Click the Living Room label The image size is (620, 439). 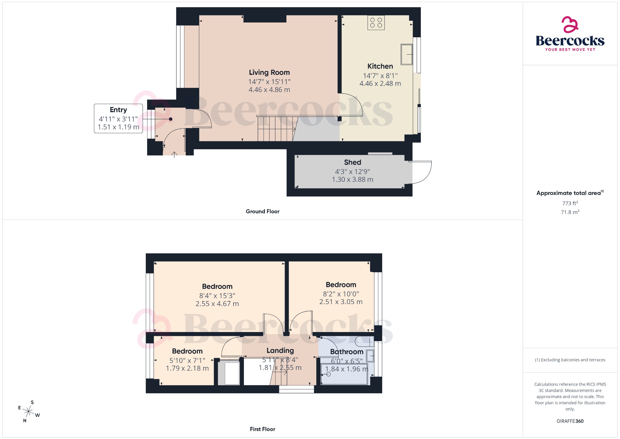(x=269, y=72)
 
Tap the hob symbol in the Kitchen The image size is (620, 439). (x=376, y=23)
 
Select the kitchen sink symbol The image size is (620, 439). (x=407, y=54)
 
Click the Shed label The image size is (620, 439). (x=352, y=162)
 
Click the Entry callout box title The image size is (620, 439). (x=118, y=110)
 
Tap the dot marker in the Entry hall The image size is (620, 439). (x=171, y=119)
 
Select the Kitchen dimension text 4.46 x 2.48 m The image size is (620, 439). (x=380, y=84)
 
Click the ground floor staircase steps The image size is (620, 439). (x=275, y=129)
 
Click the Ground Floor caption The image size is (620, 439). (x=262, y=211)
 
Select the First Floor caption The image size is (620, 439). (x=262, y=429)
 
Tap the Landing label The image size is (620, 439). (x=280, y=350)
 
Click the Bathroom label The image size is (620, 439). (x=347, y=352)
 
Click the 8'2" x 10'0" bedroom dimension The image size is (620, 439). (x=341, y=294)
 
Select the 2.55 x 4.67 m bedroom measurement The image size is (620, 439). (x=217, y=304)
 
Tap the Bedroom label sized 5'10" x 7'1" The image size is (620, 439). (x=187, y=351)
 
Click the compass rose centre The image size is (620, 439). (x=29, y=411)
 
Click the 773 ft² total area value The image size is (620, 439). (x=570, y=203)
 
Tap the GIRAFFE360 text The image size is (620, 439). (x=570, y=421)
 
